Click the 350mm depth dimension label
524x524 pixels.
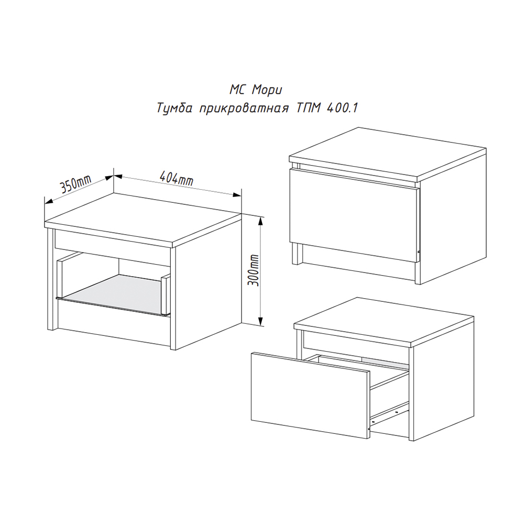pyautogui.click(x=75, y=184)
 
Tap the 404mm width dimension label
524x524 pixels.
pyautogui.click(x=177, y=179)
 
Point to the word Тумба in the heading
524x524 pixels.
pyautogui.click(x=174, y=108)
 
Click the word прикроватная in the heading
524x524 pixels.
pyautogui.click(x=244, y=108)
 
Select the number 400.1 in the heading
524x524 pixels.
pyautogui.click(x=342, y=107)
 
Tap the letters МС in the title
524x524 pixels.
pyautogui.click(x=237, y=90)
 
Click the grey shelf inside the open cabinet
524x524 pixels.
pyautogui.click(x=115, y=294)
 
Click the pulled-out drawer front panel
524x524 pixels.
pyautogui.click(x=310, y=395)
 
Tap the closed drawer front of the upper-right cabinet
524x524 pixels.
pyautogui.click(x=354, y=214)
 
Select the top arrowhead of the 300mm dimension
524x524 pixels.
pyautogui.click(x=261, y=222)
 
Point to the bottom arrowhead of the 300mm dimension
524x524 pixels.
pyautogui.click(x=260, y=320)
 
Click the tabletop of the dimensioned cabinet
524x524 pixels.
pyautogui.click(x=143, y=220)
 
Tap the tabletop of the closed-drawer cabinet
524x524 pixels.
pyautogui.click(x=388, y=154)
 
